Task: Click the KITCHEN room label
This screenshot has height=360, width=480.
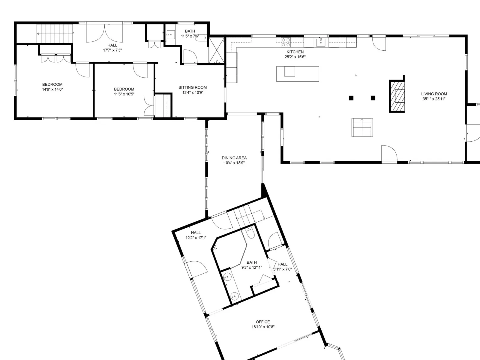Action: click(295, 52)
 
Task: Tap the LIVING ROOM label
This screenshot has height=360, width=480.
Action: click(434, 94)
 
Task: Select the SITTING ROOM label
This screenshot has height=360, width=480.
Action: click(192, 87)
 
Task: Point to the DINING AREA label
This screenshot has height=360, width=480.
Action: click(234, 158)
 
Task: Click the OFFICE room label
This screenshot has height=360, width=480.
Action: click(263, 322)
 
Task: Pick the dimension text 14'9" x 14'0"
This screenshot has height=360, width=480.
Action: click(52, 89)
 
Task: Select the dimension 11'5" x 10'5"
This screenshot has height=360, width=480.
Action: click(124, 94)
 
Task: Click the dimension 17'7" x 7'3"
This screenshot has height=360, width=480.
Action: click(112, 50)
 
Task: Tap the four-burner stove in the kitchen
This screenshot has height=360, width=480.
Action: click(286, 42)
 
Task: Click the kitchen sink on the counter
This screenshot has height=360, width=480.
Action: click(321, 42)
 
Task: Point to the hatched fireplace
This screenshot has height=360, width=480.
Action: click(397, 96)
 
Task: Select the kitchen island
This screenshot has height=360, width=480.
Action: click(298, 74)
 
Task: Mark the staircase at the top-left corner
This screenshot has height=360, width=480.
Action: click(55, 34)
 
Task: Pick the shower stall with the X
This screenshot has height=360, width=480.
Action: click(217, 50)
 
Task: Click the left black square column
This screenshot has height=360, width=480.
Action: click(351, 98)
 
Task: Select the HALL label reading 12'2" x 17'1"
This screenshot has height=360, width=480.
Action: click(196, 235)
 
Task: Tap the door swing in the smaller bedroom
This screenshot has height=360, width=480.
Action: click(140, 70)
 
